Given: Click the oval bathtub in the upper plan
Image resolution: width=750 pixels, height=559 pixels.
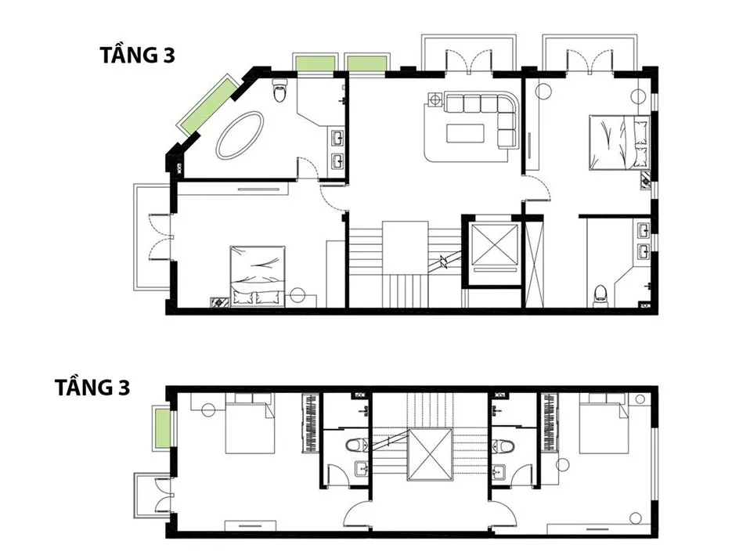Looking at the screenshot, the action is [240, 135].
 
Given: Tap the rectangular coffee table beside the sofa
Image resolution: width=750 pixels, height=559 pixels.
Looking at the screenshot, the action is [465, 133].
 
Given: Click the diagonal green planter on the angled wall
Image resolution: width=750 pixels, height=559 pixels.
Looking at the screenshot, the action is [207, 106].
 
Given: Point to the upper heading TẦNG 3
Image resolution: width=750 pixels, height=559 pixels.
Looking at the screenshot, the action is [138, 56].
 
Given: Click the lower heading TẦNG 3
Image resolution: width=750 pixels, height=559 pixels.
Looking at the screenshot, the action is [93, 388].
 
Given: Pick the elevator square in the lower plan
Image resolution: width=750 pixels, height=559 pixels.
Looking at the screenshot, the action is [430, 454].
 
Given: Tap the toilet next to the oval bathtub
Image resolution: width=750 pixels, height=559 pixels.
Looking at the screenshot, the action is [279, 90].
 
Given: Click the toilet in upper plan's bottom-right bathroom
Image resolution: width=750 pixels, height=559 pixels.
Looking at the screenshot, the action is [600, 295].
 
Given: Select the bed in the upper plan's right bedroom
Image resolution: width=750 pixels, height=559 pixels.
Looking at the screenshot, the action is [619, 142].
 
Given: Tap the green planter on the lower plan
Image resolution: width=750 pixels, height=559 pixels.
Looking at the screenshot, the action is [163, 428].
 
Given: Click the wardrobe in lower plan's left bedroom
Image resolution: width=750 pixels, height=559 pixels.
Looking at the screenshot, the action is [311, 423].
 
